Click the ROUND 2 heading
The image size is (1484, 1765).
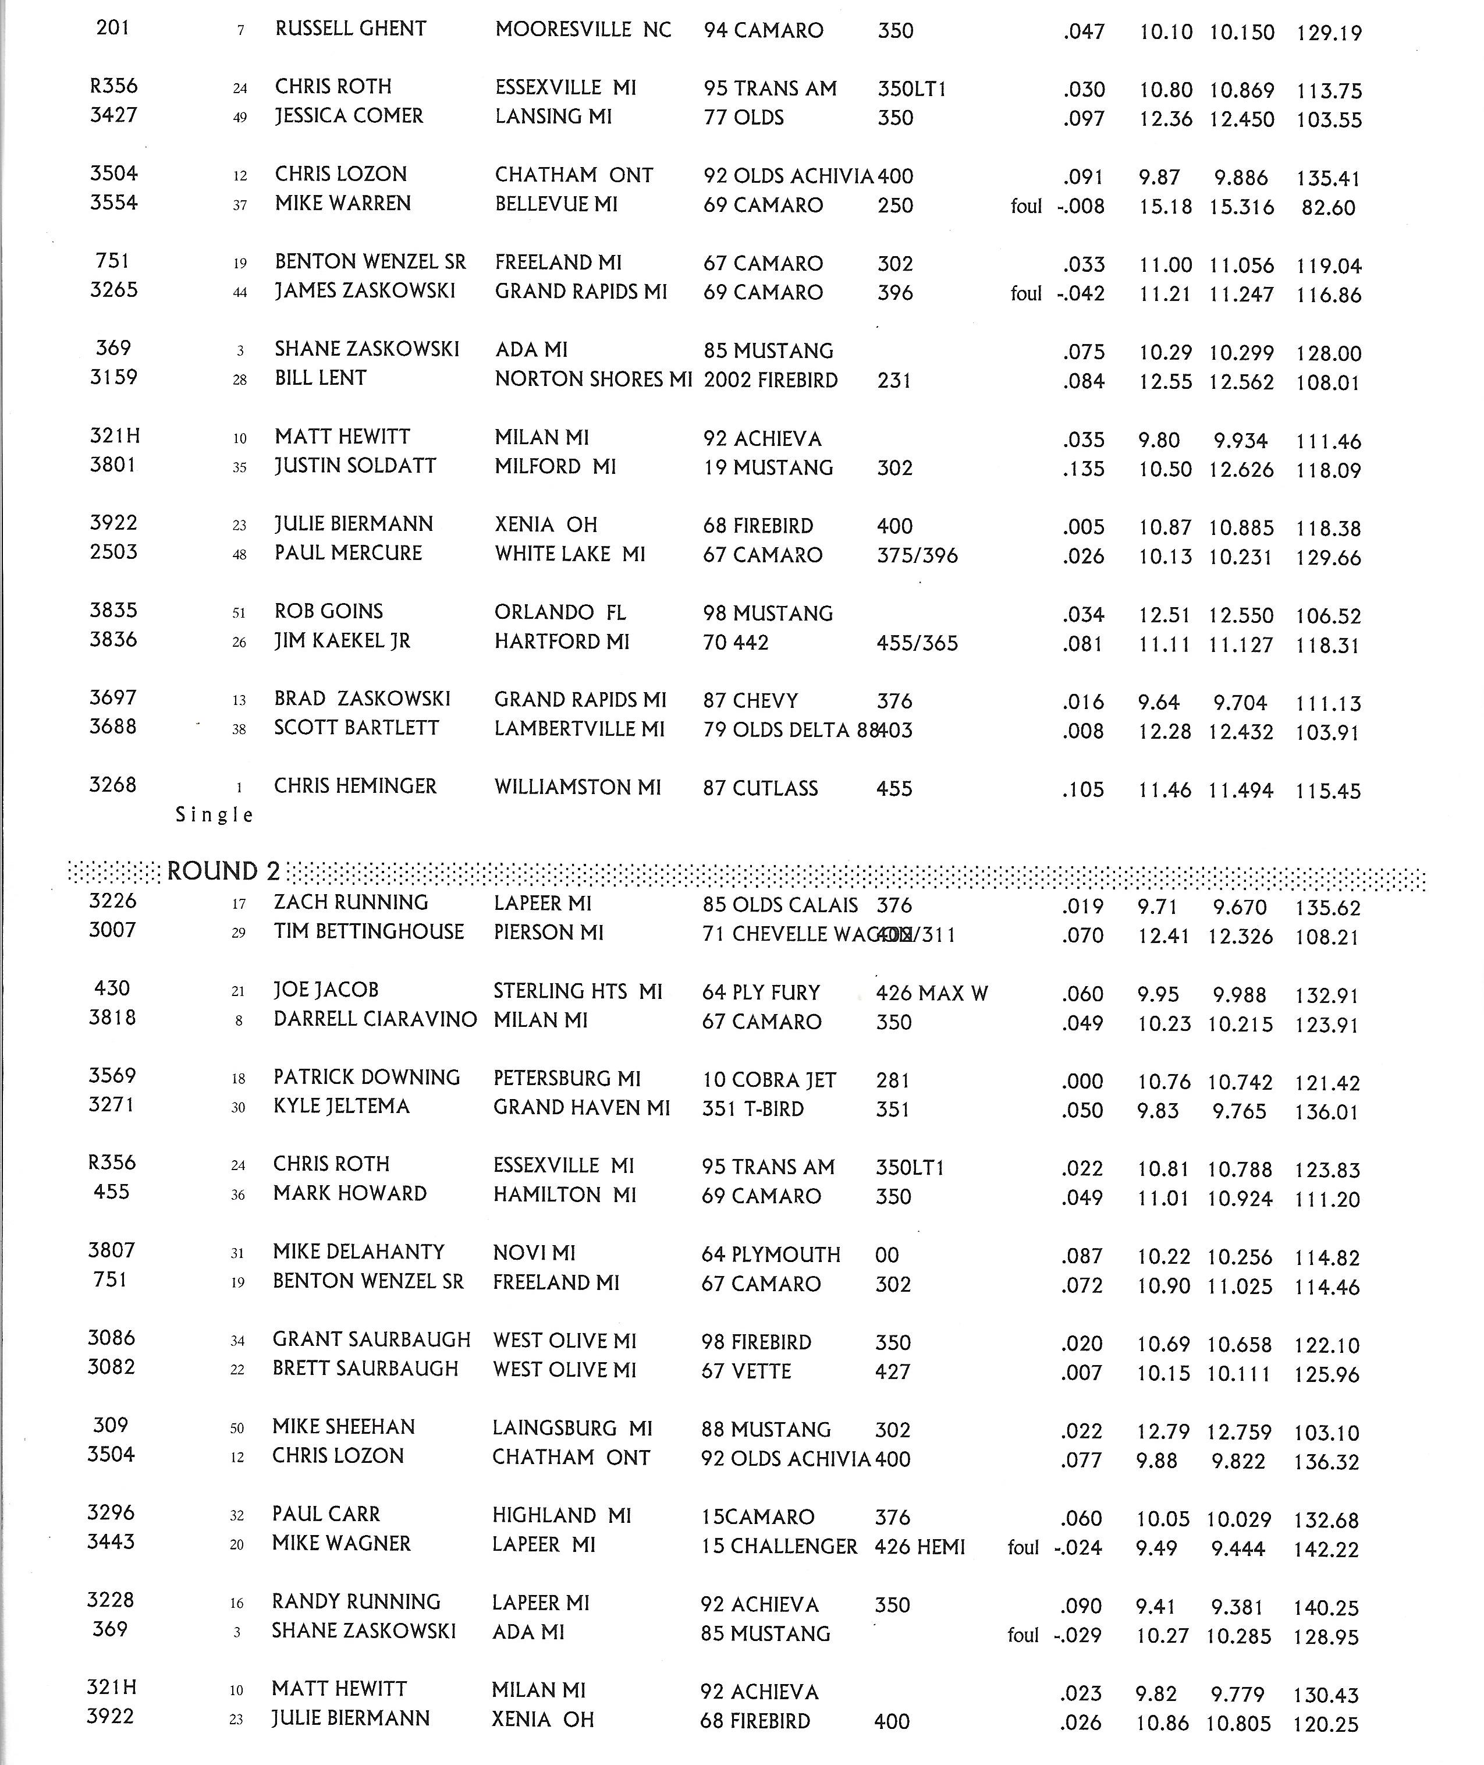click(x=223, y=871)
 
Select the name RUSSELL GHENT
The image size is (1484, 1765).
click(x=350, y=29)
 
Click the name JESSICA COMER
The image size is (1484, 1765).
click(x=348, y=116)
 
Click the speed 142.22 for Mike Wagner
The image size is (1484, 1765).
click(x=1327, y=1549)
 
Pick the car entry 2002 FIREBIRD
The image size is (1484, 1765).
click(x=771, y=380)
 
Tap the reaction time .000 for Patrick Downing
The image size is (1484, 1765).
click(x=1082, y=1081)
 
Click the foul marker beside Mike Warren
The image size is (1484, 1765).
click(x=1025, y=206)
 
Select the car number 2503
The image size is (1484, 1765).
click(x=113, y=552)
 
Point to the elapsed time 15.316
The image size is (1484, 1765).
click(x=1241, y=207)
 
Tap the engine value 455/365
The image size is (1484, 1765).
click(x=917, y=644)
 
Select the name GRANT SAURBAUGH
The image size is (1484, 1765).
click(x=371, y=1339)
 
